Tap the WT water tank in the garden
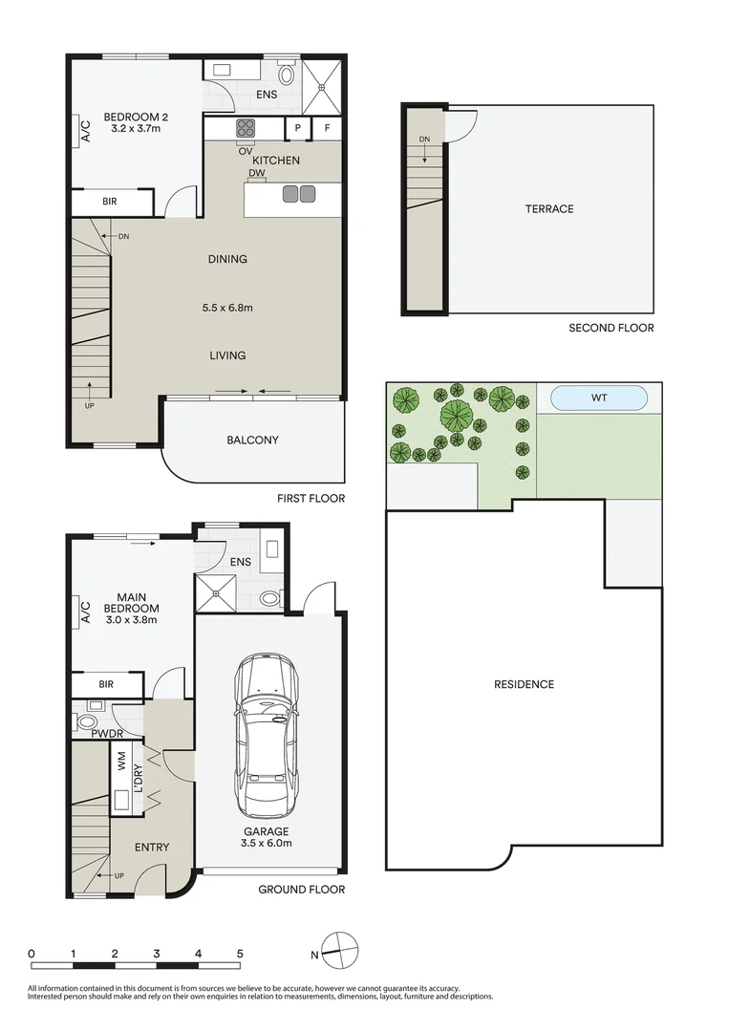coord(599,397)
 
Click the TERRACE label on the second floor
coord(548,208)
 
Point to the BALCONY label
coord(252,441)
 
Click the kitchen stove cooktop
coord(245,128)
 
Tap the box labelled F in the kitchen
coord(327,128)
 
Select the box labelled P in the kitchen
coord(298,128)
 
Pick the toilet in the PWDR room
coord(89,722)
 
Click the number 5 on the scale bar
coord(240,954)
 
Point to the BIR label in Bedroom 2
coord(112,203)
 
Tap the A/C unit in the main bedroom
coord(82,612)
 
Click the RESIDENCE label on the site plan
coord(524,684)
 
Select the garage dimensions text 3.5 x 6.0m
coord(267,843)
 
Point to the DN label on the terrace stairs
coord(424,140)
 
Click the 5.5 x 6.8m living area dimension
coord(227,308)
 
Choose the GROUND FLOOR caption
coord(301,890)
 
